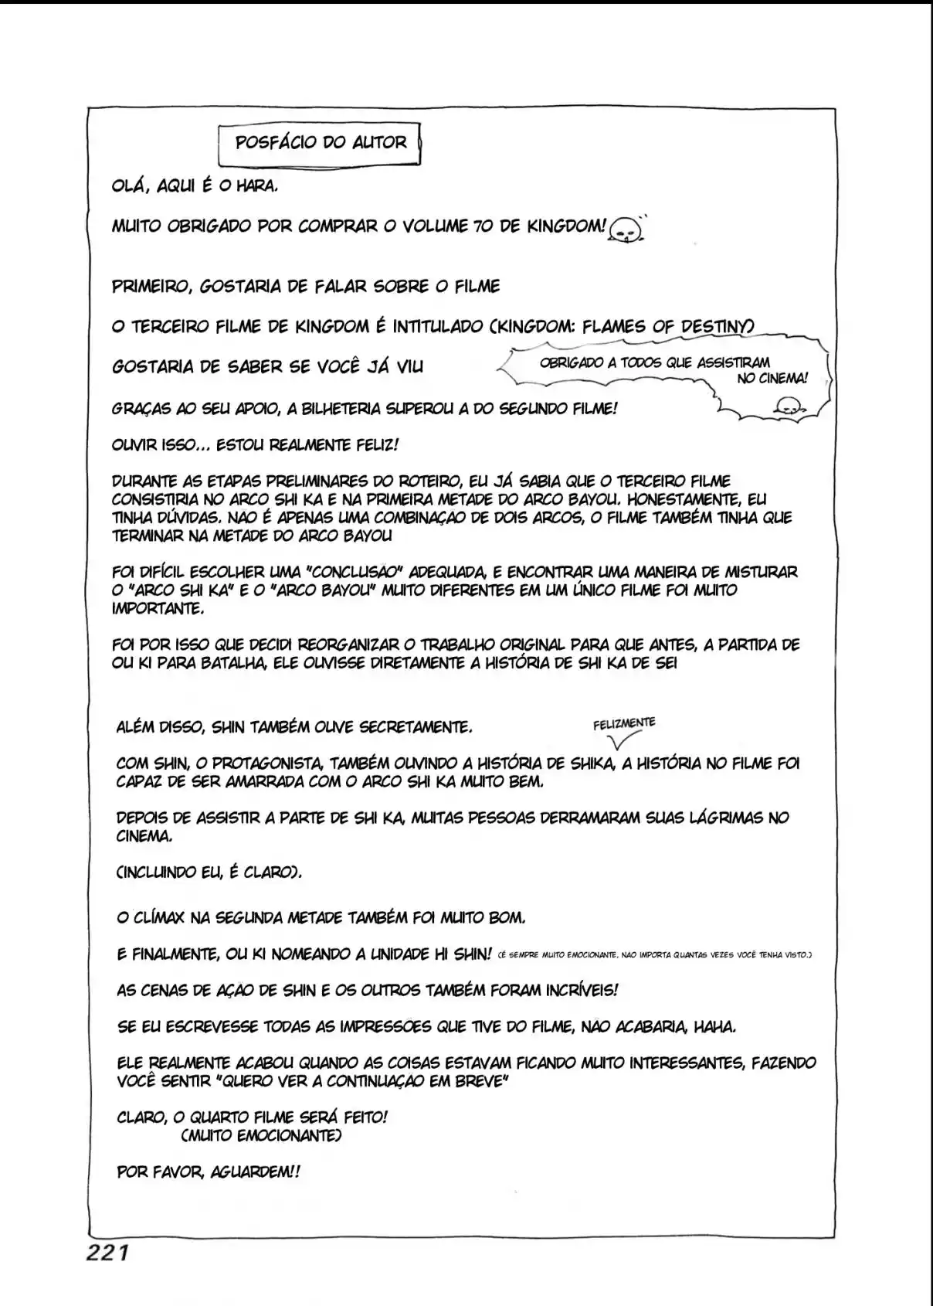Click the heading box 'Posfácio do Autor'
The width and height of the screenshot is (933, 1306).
[320, 143]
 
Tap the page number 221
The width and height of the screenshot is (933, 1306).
[107, 1253]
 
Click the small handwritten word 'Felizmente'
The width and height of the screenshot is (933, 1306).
[624, 724]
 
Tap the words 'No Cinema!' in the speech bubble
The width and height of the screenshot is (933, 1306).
[772, 379]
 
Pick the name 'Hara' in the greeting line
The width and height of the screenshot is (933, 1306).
[256, 186]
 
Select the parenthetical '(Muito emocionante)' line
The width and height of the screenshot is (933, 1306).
[261, 1136]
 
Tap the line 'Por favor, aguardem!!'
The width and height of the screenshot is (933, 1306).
[208, 1172]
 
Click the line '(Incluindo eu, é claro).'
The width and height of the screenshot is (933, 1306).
[209, 872]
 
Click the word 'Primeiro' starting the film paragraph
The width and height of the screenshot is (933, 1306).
[150, 287]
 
